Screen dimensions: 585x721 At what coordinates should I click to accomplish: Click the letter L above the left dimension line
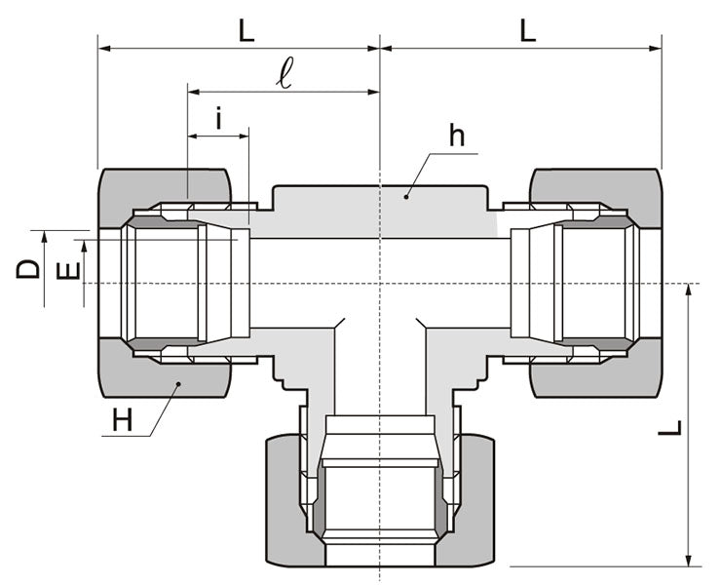pyautogui.click(x=247, y=29)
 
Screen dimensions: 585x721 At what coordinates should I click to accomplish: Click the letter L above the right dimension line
pyautogui.click(x=527, y=29)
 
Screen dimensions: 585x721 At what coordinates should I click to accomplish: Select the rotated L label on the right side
pyautogui.click(x=670, y=429)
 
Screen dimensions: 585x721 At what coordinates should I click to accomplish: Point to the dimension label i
pyautogui.click(x=219, y=120)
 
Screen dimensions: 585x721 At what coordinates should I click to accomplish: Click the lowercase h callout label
pyautogui.click(x=456, y=136)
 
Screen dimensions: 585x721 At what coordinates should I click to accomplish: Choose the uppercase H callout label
pyautogui.click(x=122, y=420)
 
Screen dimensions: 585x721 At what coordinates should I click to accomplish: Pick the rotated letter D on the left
pyautogui.click(x=29, y=268)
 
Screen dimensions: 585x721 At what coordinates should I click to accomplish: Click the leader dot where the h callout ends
pyautogui.click(x=407, y=196)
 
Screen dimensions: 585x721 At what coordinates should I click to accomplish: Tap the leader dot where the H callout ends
pyautogui.click(x=178, y=384)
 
